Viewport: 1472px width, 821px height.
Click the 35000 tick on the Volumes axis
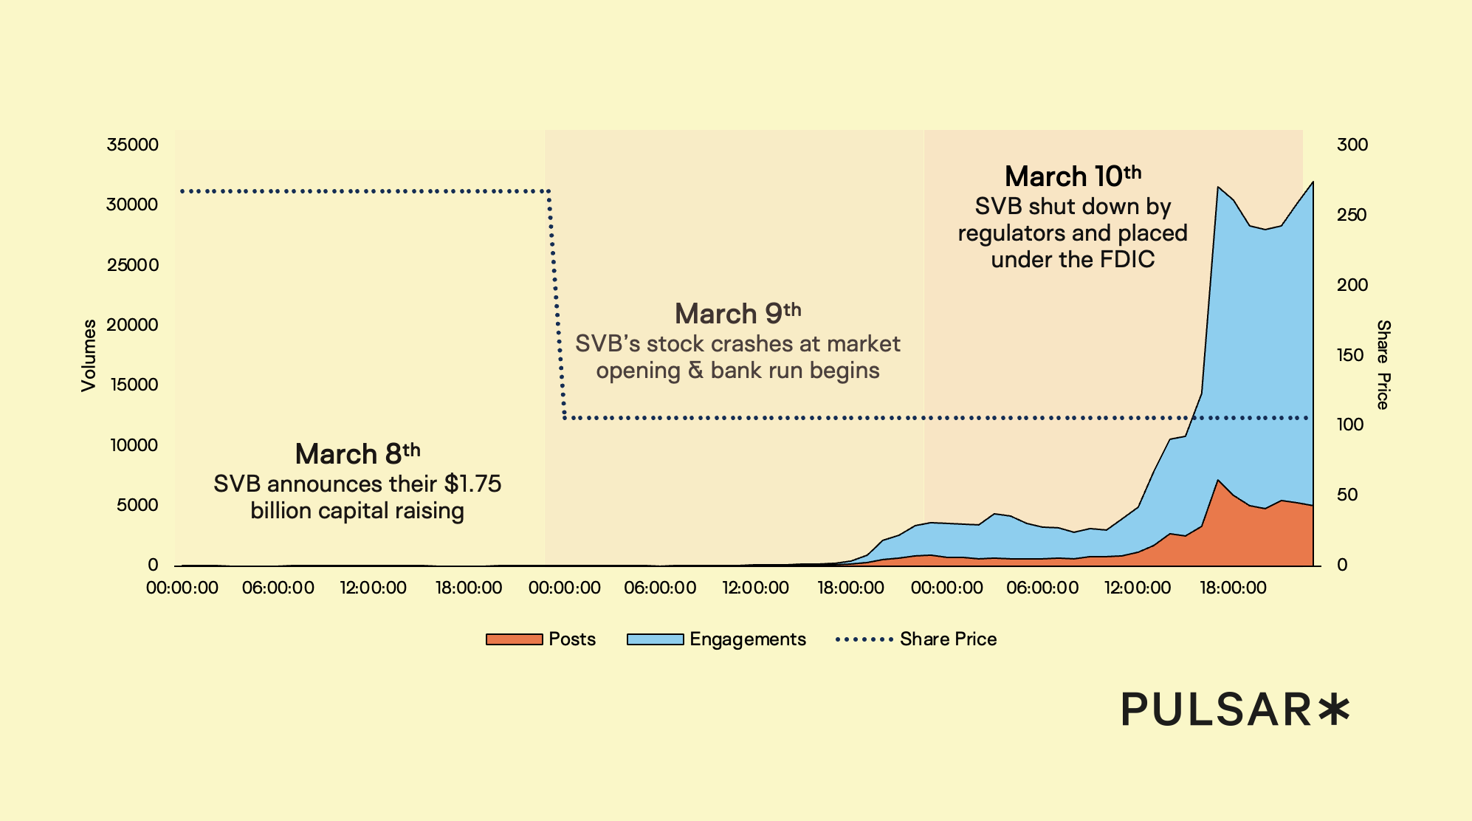pyautogui.click(x=132, y=145)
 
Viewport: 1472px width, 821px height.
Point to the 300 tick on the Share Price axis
pyautogui.click(x=1352, y=145)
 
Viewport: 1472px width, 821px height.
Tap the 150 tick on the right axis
pyautogui.click(x=1350, y=355)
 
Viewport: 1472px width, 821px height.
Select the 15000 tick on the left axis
pyautogui.click(x=134, y=385)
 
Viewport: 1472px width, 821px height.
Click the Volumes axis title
pyautogui.click(x=89, y=355)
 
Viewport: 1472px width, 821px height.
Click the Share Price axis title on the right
pyautogui.click(x=1383, y=364)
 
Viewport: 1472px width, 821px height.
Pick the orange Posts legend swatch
pyautogui.click(x=514, y=639)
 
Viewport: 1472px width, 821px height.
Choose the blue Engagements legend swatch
pyautogui.click(x=655, y=639)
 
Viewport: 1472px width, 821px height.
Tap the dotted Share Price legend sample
pyautogui.click(x=864, y=639)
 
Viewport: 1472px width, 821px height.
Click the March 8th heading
pyautogui.click(x=357, y=454)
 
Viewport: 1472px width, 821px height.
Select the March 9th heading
pyautogui.click(x=737, y=314)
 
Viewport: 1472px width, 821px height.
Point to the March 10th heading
pyautogui.click(x=1073, y=176)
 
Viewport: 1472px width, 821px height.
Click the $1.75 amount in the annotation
pyautogui.click(x=472, y=484)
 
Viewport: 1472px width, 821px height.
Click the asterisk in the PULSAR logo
pyautogui.click(x=1334, y=710)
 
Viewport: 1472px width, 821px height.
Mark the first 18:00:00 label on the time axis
pyautogui.click(x=469, y=588)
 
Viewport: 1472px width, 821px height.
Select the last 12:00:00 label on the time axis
pyautogui.click(x=1138, y=588)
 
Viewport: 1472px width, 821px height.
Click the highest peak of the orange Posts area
pyautogui.click(x=1218, y=481)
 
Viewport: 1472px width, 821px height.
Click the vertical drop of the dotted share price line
pyautogui.click(x=556, y=303)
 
